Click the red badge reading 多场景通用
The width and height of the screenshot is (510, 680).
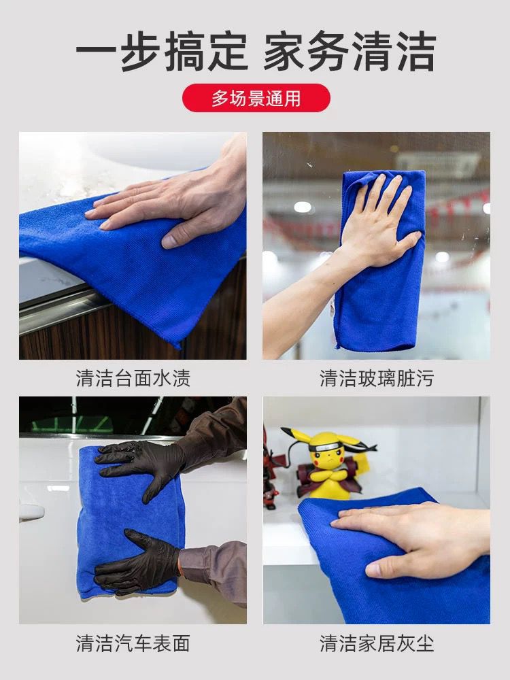[256, 98]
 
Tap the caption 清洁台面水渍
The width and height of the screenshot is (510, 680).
[133, 378]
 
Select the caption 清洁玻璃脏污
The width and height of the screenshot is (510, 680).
[377, 378]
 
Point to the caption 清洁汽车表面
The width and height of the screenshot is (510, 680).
[133, 643]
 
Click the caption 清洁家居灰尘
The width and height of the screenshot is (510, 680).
[377, 643]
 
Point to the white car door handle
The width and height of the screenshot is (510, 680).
[31, 512]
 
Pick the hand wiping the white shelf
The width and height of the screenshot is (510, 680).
[412, 538]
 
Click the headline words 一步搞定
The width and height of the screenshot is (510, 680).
[162, 51]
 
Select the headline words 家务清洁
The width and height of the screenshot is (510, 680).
[350, 51]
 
